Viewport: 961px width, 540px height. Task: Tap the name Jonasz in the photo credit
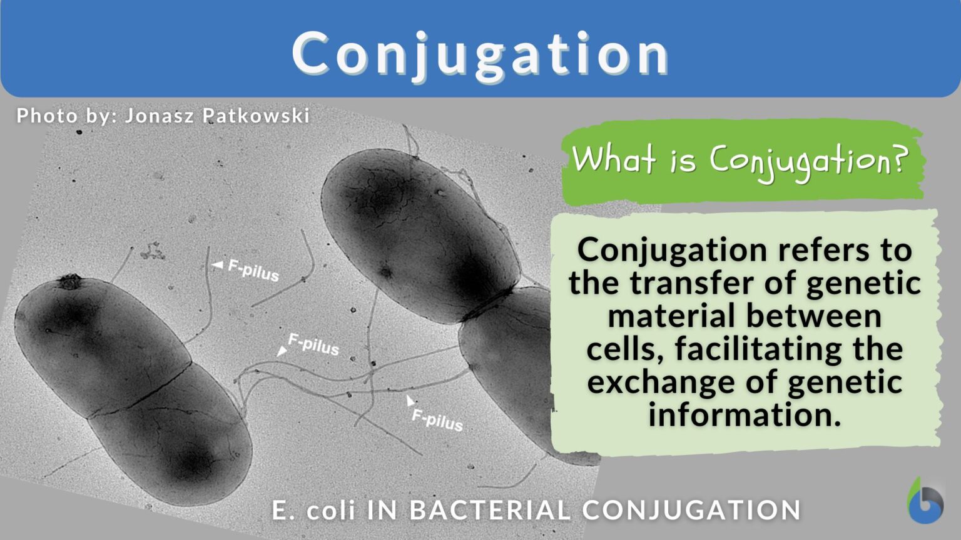(160, 116)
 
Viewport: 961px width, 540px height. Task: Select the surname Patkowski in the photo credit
(256, 116)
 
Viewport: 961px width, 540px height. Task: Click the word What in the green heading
(615, 160)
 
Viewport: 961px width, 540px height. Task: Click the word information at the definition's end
(745, 415)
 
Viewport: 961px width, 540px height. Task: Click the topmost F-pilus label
(253, 270)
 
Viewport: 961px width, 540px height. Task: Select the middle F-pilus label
(313, 345)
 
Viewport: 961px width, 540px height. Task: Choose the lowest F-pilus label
(437, 419)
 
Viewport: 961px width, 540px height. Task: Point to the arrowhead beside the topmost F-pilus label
(218, 265)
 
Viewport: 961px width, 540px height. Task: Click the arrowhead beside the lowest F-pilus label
(410, 400)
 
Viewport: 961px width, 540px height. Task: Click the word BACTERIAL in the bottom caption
(489, 510)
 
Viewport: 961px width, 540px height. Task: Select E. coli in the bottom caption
(314, 510)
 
